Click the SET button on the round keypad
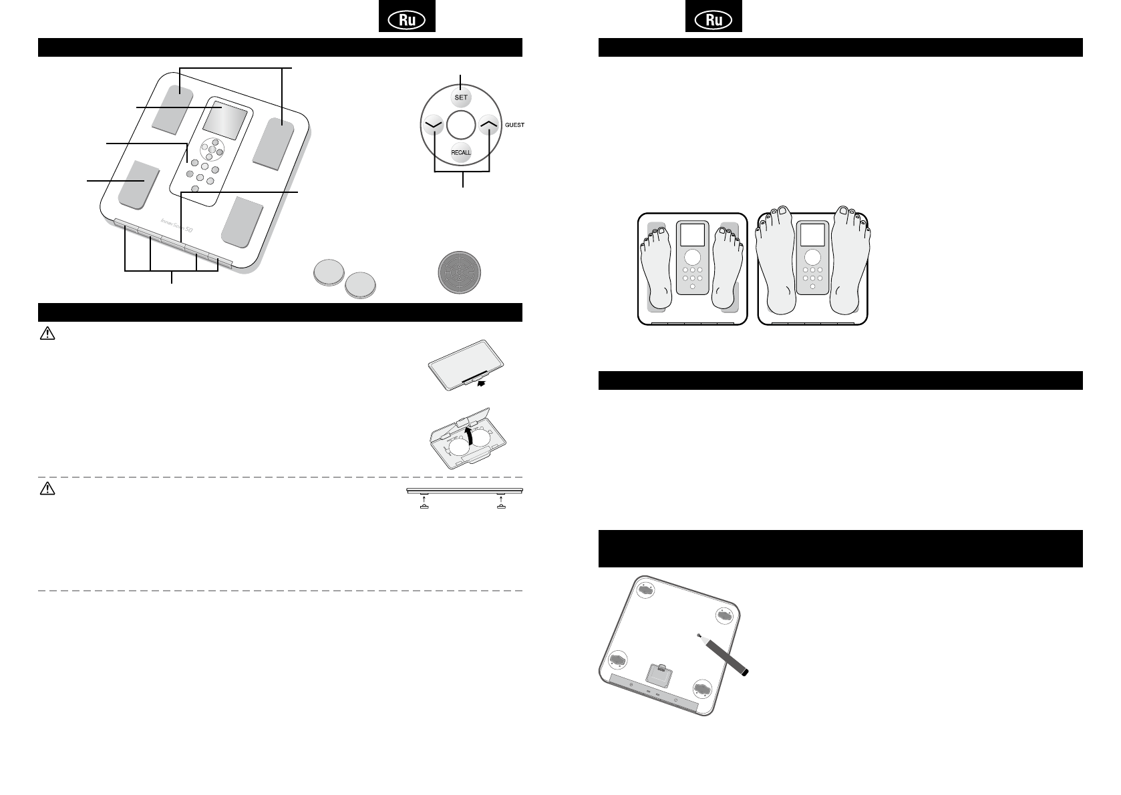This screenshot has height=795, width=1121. tap(461, 97)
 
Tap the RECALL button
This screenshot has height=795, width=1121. tap(461, 152)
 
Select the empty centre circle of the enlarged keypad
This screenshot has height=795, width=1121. tap(461, 124)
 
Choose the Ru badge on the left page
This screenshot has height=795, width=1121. tap(407, 21)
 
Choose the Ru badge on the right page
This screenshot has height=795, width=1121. tap(713, 21)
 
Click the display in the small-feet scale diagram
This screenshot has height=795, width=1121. tap(691, 235)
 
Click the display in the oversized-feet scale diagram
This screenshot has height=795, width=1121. tap(812, 234)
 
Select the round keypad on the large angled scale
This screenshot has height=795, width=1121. tap(212, 146)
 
